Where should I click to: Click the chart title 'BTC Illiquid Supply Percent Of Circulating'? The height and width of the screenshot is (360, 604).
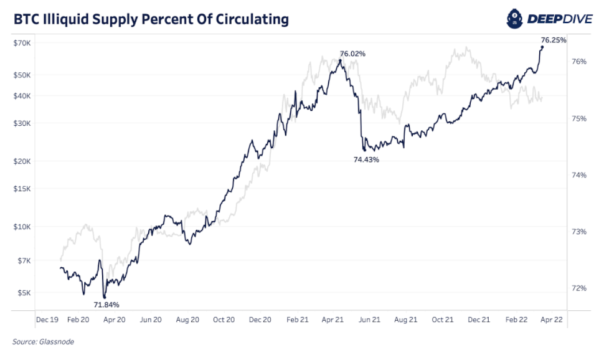coord(151,19)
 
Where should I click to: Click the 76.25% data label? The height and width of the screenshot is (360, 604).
coord(554,40)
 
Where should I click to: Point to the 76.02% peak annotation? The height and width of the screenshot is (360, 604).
coord(352,54)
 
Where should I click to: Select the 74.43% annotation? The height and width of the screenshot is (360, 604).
coord(366,159)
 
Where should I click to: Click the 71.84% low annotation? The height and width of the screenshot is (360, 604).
coord(106,305)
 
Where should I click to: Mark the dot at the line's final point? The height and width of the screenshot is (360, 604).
coord(542,47)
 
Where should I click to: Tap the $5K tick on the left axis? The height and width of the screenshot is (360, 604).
coord(24,292)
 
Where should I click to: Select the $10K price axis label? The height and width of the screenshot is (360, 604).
coord(23,227)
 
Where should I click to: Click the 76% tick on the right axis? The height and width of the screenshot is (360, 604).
coord(579,62)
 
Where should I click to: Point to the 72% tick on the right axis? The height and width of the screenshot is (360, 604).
coord(579,288)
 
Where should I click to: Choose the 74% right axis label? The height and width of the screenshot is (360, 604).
coord(579,175)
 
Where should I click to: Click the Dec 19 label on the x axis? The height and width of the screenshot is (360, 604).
coord(47,320)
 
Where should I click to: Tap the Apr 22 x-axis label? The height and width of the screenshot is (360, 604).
coord(552,320)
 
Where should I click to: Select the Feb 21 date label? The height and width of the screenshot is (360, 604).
coord(298,320)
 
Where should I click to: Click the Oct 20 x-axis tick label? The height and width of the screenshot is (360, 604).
coord(224,320)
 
